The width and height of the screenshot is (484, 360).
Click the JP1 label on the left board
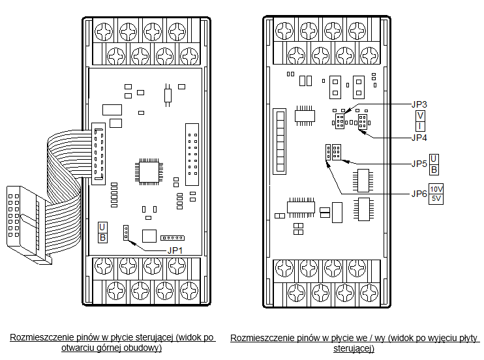175,250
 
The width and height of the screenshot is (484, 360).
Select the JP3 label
419,104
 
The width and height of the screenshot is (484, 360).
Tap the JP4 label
419,138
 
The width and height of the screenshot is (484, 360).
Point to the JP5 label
419,164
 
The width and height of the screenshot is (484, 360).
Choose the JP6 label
419,194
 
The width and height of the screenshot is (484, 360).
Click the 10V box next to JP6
436,189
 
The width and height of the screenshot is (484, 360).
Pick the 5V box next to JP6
436,199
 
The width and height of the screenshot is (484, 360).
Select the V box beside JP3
420,116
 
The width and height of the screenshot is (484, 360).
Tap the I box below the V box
420,126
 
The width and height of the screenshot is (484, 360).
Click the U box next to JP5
434,159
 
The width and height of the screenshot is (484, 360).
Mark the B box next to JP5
434,170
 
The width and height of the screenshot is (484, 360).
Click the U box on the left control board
102,227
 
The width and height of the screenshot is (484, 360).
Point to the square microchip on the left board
149,172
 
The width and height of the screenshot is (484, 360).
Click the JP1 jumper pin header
126,232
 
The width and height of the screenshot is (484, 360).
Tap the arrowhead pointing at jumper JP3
347,110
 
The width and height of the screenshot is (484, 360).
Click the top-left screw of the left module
104,32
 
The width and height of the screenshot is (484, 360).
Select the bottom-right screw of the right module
369,292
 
